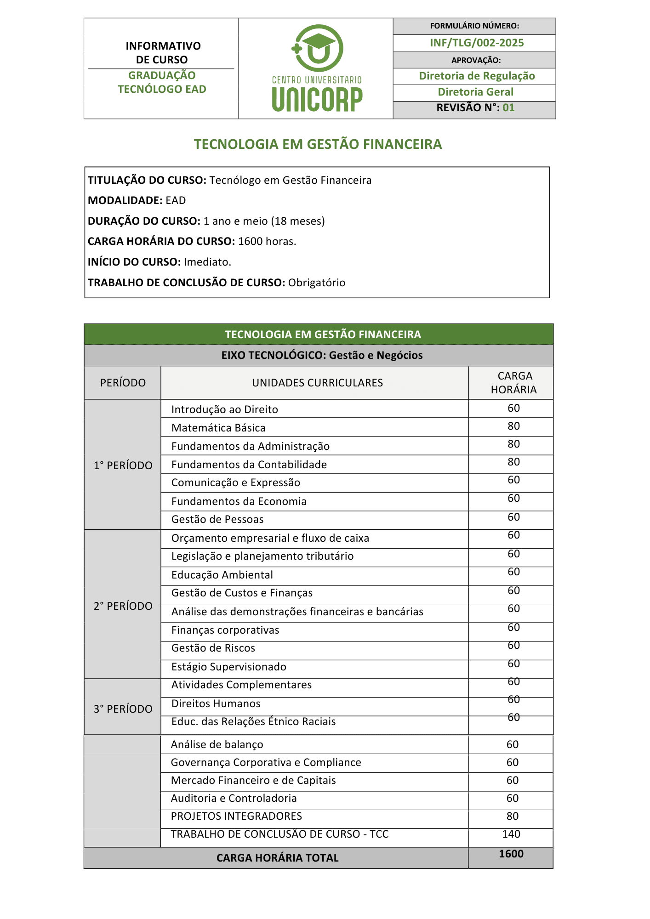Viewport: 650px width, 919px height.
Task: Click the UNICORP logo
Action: point(317,68)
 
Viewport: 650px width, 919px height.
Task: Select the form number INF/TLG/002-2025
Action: point(477,43)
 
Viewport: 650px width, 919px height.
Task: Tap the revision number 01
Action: point(508,108)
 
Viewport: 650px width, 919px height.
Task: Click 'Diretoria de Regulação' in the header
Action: point(477,76)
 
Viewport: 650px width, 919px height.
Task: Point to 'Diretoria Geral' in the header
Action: point(475,92)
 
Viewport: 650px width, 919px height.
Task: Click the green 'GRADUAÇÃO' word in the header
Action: point(162,75)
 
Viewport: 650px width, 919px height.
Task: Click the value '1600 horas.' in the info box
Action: point(267,241)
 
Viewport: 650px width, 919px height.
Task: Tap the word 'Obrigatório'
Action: point(317,283)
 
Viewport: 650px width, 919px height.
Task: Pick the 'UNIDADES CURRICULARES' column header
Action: point(317,383)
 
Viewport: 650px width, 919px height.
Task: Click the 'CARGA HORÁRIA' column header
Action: point(513,383)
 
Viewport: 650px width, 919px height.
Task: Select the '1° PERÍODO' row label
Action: point(123,465)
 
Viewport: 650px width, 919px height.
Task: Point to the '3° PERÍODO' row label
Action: point(123,709)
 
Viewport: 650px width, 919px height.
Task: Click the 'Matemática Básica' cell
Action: point(218,428)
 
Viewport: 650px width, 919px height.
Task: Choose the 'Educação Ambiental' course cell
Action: point(222,575)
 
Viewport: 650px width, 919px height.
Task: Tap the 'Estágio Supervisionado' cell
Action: point(228,667)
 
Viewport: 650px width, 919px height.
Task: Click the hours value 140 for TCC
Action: point(511,834)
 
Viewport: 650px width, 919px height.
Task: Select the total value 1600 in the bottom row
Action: point(511,854)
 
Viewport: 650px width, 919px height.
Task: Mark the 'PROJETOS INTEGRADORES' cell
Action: point(236,816)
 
